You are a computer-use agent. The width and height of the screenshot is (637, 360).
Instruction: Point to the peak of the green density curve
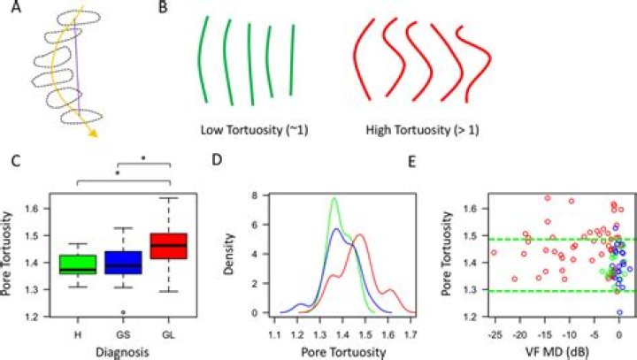tap(334, 198)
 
